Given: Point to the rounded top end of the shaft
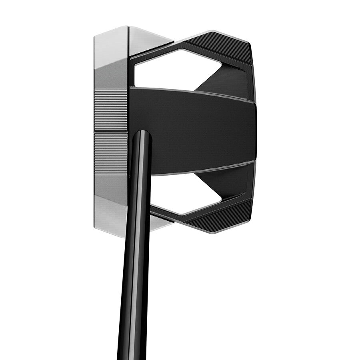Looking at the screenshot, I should click(x=141, y=134).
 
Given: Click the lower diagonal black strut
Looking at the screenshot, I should click(x=230, y=180).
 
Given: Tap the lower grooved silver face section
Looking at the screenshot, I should click(x=111, y=154).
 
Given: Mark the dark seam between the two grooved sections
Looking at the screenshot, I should click(x=111, y=131).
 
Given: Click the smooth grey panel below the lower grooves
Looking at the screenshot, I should click(x=111, y=186).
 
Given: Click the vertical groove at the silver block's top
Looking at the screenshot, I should click(x=128, y=40).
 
